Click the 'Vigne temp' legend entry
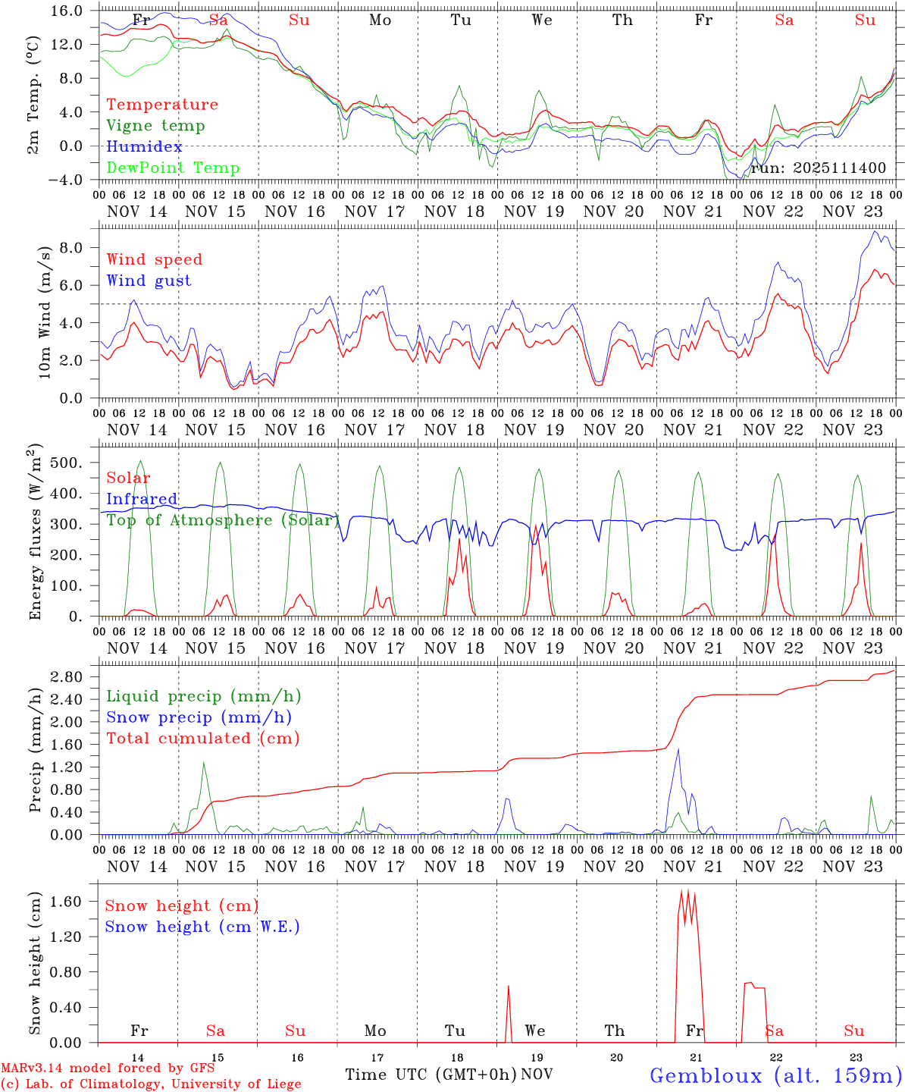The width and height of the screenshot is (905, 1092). point(155,126)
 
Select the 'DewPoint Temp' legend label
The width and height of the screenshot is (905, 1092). point(173,168)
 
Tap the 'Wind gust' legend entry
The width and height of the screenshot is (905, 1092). point(149,281)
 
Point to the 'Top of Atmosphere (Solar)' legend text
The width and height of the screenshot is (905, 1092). point(222,520)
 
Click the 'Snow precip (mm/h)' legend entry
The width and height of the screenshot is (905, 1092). point(199,717)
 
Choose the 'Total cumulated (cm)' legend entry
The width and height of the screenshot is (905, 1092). point(202,739)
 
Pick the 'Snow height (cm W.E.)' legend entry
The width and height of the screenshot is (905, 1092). point(202,927)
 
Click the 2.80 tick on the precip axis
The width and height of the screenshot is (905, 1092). point(74,676)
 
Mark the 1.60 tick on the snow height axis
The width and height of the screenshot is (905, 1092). point(74,902)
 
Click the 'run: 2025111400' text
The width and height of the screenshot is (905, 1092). point(818,168)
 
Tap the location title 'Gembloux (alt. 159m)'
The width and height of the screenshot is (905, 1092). point(775,1075)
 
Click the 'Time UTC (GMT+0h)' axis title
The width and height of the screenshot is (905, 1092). point(431,1075)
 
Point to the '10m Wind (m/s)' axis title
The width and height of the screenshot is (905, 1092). point(45,312)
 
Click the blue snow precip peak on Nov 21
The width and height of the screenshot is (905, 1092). point(678,749)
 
